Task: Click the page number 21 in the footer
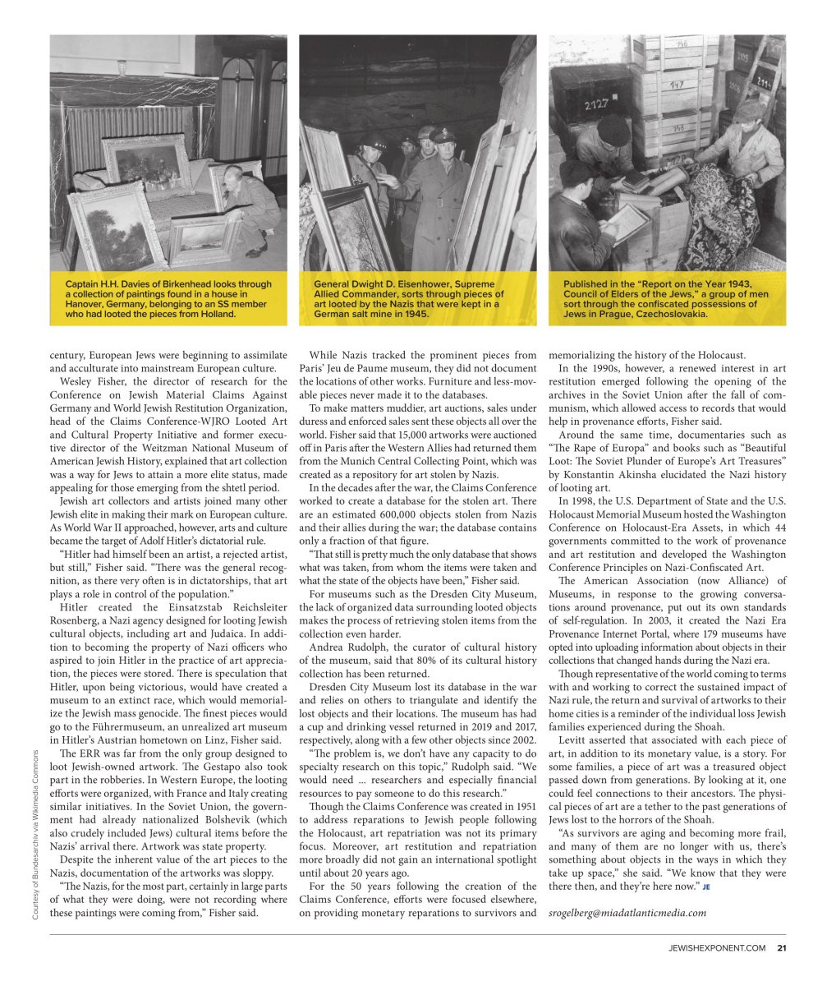point(782,948)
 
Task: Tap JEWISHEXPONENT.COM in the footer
point(716,948)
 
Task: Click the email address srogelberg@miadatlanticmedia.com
point(627,912)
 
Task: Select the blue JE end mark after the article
point(705,887)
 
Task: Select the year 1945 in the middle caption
point(417,314)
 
